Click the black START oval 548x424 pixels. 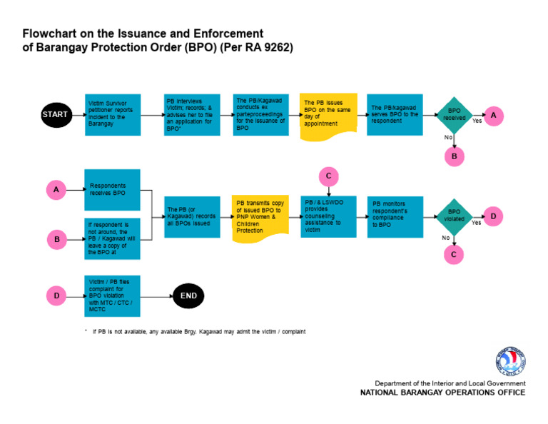pyautogui.click(x=55, y=114)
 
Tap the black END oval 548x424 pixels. pyautogui.click(x=189, y=295)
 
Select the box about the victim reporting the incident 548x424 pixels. pyautogui.click(x=113, y=114)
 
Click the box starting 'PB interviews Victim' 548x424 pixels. pyautogui.click(x=191, y=114)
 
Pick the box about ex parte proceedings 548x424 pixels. pyautogui.click(x=261, y=114)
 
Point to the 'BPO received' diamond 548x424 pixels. pyautogui.click(x=454, y=114)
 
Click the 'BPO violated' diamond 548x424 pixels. pyautogui.click(x=454, y=216)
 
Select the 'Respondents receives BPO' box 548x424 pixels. pyautogui.click(x=113, y=189)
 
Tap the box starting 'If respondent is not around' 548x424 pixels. pyautogui.click(x=113, y=238)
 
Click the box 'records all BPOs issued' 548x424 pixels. pyautogui.click(x=191, y=216)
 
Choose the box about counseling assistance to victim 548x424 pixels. pyautogui.click(x=328, y=216)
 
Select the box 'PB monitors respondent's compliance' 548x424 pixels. pyautogui.click(x=395, y=216)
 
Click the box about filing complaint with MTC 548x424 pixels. pyautogui.click(x=113, y=295)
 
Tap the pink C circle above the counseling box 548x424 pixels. pyautogui.click(x=328, y=176)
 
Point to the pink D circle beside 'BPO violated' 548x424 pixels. pyautogui.click(x=493, y=216)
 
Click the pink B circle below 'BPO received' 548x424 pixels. pyautogui.click(x=454, y=156)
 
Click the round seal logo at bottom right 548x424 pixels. pyautogui.click(x=509, y=362)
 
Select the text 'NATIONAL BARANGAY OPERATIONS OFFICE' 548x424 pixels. pyautogui.click(x=442, y=393)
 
